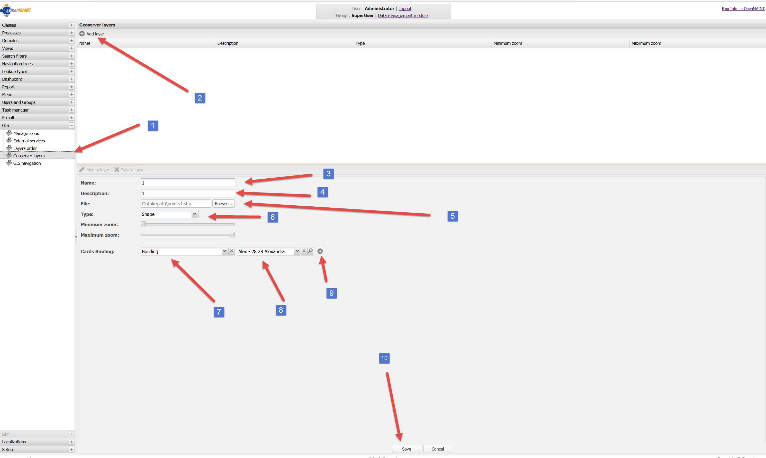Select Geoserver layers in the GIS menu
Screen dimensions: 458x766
pyautogui.click(x=29, y=155)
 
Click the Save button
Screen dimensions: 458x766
pyautogui.click(x=406, y=449)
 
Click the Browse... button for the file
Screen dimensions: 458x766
pyautogui.click(x=223, y=204)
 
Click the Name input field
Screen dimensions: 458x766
pyautogui.click(x=187, y=183)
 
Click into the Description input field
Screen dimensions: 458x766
pyautogui.click(x=187, y=193)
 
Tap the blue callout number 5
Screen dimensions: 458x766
pyautogui.click(x=452, y=216)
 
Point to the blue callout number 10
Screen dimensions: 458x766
pyautogui.click(x=384, y=358)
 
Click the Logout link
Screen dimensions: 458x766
pyautogui.click(x=405, y=9)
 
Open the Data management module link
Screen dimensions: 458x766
pyautogui.click(x=403, y=15)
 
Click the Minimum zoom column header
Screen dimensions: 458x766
pyautogui.click(x=508, y=43)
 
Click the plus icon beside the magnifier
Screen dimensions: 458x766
pyautogui.click(x=320, y=251)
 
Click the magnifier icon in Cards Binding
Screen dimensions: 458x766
pyautogui.click(x=311, y=251)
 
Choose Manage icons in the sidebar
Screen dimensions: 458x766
pyautogui.click(x=26, y=133)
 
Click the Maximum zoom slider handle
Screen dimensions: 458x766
pyautogui.click(x=232, y=235)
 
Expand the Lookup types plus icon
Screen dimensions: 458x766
pyautogui.click(x=71, y=71)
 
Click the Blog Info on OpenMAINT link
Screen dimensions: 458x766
pyautogui.click(x=743, y=9)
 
